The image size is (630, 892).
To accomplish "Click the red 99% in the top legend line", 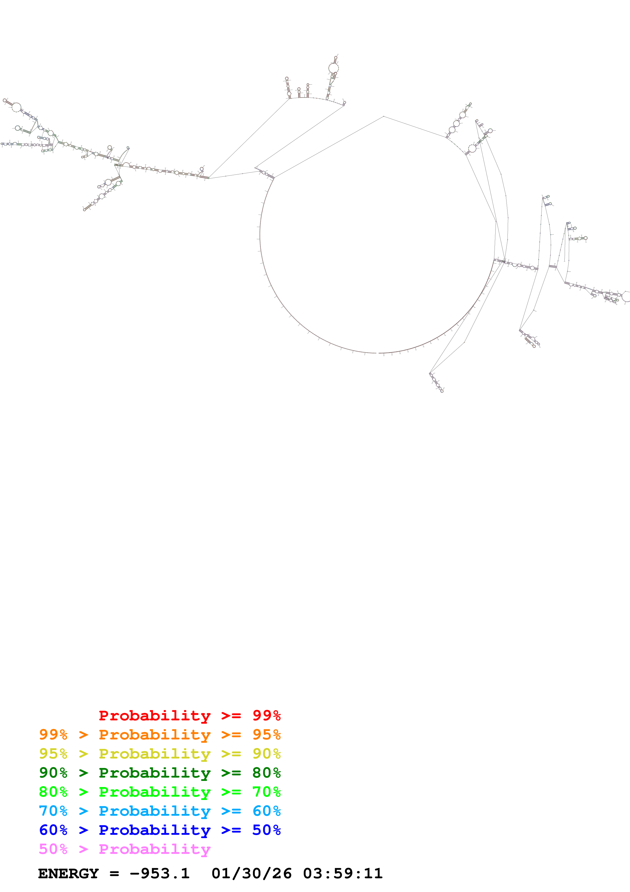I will (266, 715).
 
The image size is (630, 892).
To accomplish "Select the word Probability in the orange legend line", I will (155, 734).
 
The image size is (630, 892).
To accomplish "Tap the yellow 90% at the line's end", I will (266, 753).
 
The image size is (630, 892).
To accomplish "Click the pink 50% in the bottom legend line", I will (53, 849).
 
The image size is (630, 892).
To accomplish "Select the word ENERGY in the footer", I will (68, 873).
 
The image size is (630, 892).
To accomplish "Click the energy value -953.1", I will (160, 873).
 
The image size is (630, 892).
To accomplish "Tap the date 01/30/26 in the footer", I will (252, 873).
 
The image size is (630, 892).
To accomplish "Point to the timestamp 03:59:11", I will (343, 873).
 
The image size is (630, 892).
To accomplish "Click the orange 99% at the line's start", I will (53, 734).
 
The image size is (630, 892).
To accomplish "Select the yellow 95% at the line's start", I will (53, 753).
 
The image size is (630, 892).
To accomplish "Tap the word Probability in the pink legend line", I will (155, 849).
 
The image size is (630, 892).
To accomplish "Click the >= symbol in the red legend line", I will (231, 715).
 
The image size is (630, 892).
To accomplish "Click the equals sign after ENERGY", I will (114, 874).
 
